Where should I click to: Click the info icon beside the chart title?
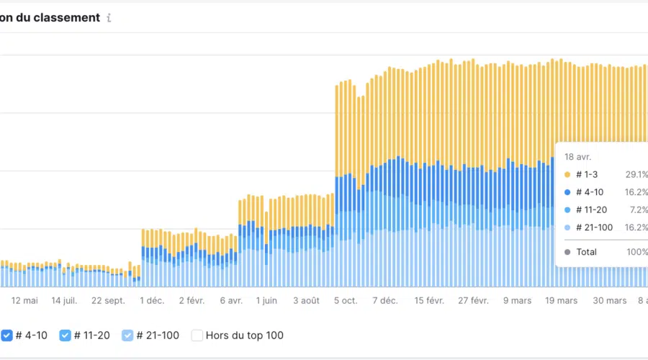coord(109,18)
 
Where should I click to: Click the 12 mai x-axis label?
coord(24,300)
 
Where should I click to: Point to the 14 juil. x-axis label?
coord(64,300)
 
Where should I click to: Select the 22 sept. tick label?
coord(108,300)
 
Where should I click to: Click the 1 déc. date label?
coord(152,300)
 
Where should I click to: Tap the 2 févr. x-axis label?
coord(192,300)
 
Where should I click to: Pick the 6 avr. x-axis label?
coord(230,300)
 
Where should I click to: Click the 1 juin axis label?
coord(267,300)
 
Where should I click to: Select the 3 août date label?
coord(306,300)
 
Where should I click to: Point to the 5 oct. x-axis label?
coord(345,300)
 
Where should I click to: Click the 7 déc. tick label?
coord(384,300)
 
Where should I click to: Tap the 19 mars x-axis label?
coord(561,300)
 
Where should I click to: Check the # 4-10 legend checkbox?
coord(6,335)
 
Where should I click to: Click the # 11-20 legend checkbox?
coord(65,335)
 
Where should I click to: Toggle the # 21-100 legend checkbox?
coord(127,335)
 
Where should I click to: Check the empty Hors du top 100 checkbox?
coord(196,335)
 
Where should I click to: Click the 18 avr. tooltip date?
coord(578,156)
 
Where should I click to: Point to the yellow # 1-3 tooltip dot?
coord(567,174)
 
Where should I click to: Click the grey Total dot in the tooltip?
coord(567,252)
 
